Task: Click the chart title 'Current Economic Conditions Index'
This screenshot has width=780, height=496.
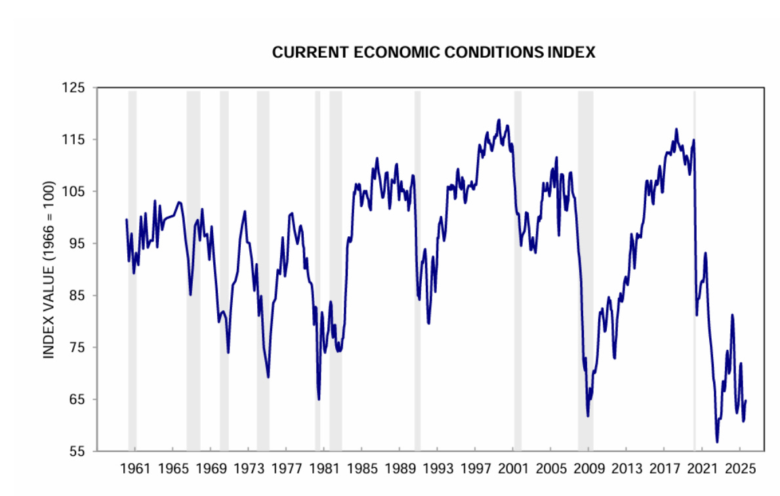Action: point(434,52)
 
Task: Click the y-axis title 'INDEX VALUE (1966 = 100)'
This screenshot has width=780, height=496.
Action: point(49,270)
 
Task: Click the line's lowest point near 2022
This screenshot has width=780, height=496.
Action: point(717,441)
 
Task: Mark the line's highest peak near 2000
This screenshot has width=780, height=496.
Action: point(499,120)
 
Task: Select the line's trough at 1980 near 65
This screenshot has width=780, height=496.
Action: point(319,399)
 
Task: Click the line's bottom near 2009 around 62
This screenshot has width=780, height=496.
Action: point(588,416)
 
